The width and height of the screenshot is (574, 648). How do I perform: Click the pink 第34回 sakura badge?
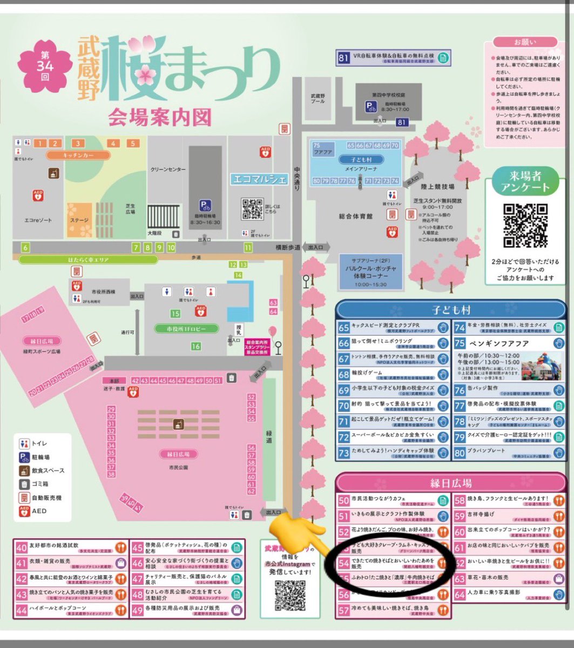coord(45,69)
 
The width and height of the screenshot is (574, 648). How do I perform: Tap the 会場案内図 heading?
coord(160,116)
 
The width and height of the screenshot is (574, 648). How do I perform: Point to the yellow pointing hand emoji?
coord(296,531)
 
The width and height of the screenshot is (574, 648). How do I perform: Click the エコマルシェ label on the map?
coord(259,179)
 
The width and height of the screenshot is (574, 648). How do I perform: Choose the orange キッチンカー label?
coord(79,156)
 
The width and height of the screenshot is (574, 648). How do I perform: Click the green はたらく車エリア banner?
coord(89,260)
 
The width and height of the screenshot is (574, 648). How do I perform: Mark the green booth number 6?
coord(25,248)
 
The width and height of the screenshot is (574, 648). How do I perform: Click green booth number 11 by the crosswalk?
coord(248,248)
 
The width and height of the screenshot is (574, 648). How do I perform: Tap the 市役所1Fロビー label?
coord(179,328)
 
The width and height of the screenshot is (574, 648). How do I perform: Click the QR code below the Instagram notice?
coord(290,594)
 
